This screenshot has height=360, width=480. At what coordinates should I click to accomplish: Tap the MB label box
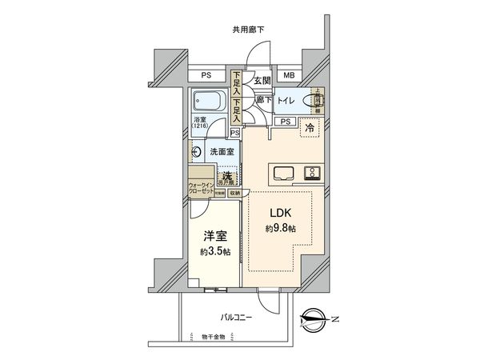(x=289, y=76)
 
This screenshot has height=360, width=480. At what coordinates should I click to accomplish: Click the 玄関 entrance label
(x=262, y=80)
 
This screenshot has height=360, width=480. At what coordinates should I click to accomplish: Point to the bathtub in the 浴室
(x=210, y=102)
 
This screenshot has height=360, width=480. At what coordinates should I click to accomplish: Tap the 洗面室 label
(x=221, y=151)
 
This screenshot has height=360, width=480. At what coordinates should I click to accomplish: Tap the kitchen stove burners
(x=312, y=172)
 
